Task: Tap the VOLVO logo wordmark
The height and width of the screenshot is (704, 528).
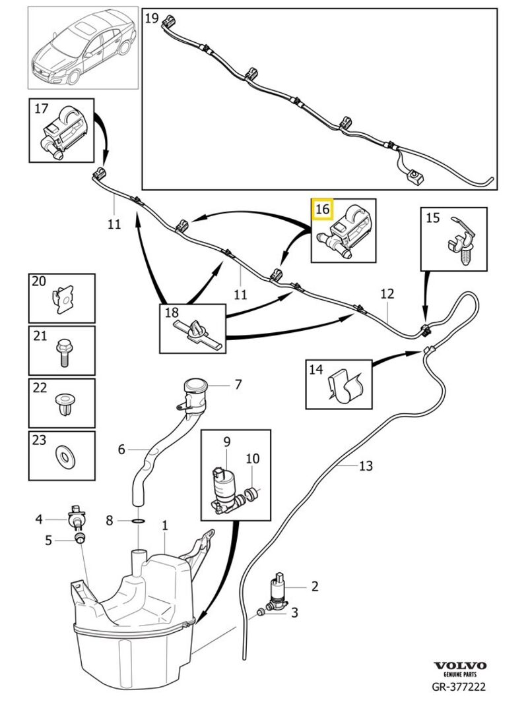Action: coord(460,666)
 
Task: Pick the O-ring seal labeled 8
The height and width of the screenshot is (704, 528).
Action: coord(137,521)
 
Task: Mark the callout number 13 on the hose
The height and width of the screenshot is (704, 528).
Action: coord(366,466)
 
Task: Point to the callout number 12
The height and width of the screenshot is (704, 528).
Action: coord(387,293)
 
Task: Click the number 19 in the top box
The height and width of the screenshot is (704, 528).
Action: coord(152,18)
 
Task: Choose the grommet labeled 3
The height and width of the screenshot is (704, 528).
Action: coord(262,612)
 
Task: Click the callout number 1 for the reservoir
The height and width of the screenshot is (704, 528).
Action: coord(165,525)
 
